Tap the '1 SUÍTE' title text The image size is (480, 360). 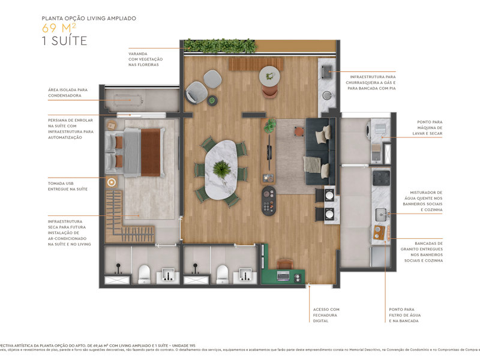pyautogui.click(x=64, y=41)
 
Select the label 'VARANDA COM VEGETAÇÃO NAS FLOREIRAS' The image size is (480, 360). pyautogui.click(x=145, y=59)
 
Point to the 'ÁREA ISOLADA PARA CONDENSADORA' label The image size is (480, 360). pyautogui.click(x=68, y=93)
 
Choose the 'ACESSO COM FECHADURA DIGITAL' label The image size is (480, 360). pyautogui.click(x=326, y=316)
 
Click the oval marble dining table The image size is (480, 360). pyautogui.click(x=220, y=170)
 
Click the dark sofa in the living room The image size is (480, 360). pyautogui.click(x=317, y=150)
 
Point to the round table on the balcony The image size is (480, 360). pyautogui.click(x=270, y=76)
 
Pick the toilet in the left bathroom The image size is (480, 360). pyautogui.click(x=144, y=274)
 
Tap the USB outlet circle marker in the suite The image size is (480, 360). pyautogui.click(x=111, y=182)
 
